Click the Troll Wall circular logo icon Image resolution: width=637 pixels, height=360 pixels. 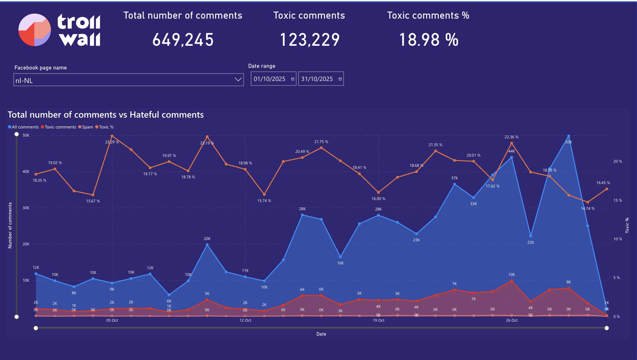(x=35, y=30)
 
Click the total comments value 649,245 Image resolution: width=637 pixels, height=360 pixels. (x=183, y=40)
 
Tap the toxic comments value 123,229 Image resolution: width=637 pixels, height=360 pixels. (x=309, y=40)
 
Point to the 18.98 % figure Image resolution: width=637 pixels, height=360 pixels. (x=429, y=40)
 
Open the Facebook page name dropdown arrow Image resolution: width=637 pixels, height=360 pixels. (x=238, y=80)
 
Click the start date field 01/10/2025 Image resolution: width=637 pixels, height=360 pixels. (x=270, y=79)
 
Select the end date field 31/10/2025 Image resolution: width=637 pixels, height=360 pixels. (x=317, y=79)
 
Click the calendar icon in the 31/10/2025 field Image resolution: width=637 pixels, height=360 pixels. (x=340, y=79)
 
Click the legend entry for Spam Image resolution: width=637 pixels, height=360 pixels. (x=87, y=127)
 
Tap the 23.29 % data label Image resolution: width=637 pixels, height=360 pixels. (x=112, y=142)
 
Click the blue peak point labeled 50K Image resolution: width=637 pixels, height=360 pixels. (x=569, y=136)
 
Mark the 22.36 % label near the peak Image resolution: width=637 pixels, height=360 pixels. (x=511, y=137)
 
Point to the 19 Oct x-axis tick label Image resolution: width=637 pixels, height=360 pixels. (x=378, y=320)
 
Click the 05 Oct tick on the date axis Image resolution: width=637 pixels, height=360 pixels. (x=112, y=320)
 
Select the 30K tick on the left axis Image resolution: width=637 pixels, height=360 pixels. (x=26, y=208)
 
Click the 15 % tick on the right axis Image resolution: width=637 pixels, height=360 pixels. (x=617, y=200)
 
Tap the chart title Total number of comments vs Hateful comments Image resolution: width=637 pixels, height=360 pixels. (x=106, y=115)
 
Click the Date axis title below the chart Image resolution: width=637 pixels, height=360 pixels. (x=321, y=334)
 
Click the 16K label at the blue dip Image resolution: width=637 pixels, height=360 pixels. (x=340, y=263)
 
